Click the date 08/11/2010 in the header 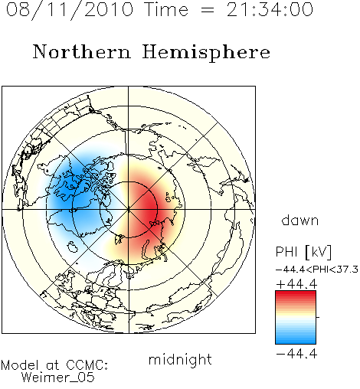click(x=70, y=10)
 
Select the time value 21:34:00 click(x=270, y=9)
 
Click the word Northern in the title click(x=82, y=51)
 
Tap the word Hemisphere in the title click(x=206, y=53)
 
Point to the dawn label click(x=300, y=220)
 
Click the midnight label click(x=180, y=359)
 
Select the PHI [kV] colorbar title click(x=303, y=252)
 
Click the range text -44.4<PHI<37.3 click(x=317, y=270)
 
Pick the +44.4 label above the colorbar click(x=296, y=284)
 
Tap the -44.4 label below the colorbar click(x=296, y=354)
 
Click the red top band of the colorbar click(x=296, y=294)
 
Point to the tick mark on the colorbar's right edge click(x=318, y=317)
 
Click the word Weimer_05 click(x=58, y=378)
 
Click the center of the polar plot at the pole click(x=129, y=210)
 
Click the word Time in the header click(x=166, y=9)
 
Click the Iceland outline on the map click(x=72, y=247)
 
